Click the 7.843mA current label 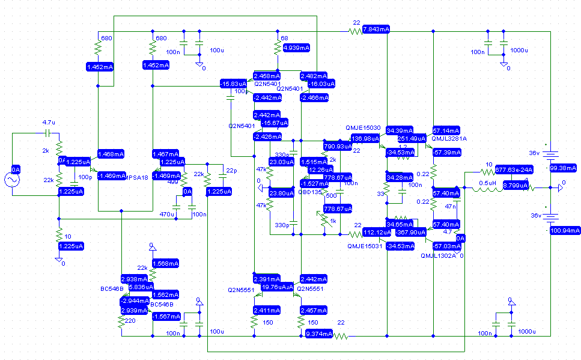(x=376, y=29)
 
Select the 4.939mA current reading (x=296, y=47)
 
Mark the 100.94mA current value (x=564, y=230)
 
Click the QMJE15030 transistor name (x=364, y=129)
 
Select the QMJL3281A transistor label (x=449, y=138)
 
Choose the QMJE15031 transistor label (x=365, y=245)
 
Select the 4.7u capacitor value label (x=49, y=122)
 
